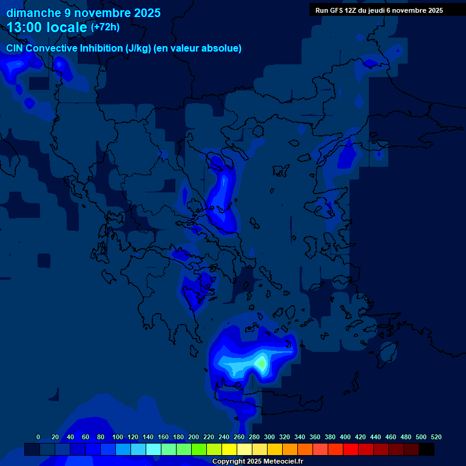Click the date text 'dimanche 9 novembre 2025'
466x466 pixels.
83,13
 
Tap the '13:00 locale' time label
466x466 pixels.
47,27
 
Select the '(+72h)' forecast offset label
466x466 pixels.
105,27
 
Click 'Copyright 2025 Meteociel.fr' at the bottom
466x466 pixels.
257,461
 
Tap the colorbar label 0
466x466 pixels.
38,437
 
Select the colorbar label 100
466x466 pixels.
118,437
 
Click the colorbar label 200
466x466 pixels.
194,437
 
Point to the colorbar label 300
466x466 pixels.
269,437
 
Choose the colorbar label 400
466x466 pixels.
345,437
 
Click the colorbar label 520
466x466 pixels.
436,437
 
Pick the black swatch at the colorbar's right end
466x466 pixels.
427,450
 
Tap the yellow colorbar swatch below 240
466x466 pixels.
229,450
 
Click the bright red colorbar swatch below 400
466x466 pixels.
351,450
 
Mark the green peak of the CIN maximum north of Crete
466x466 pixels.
261,363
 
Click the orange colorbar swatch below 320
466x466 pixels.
290,450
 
